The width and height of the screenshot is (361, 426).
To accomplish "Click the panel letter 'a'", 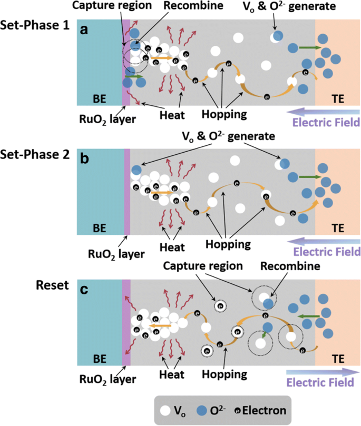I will [x=84, y=31].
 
